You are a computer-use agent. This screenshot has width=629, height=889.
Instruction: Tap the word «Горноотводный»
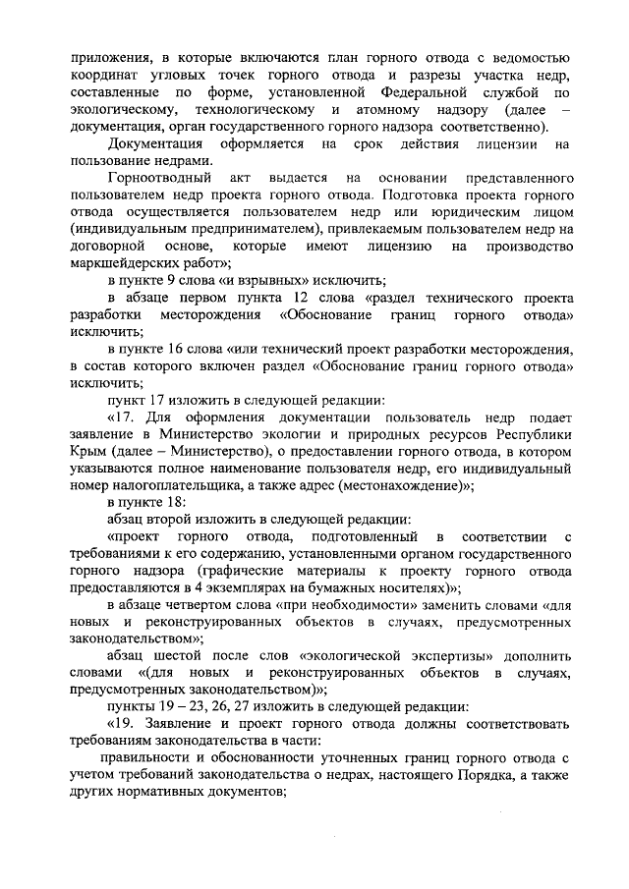[x=155, y=181]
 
